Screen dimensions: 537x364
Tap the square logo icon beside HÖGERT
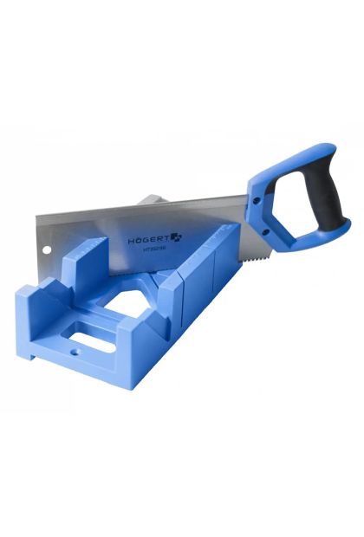click(176, 235)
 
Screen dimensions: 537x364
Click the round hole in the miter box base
click(73, 353)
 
